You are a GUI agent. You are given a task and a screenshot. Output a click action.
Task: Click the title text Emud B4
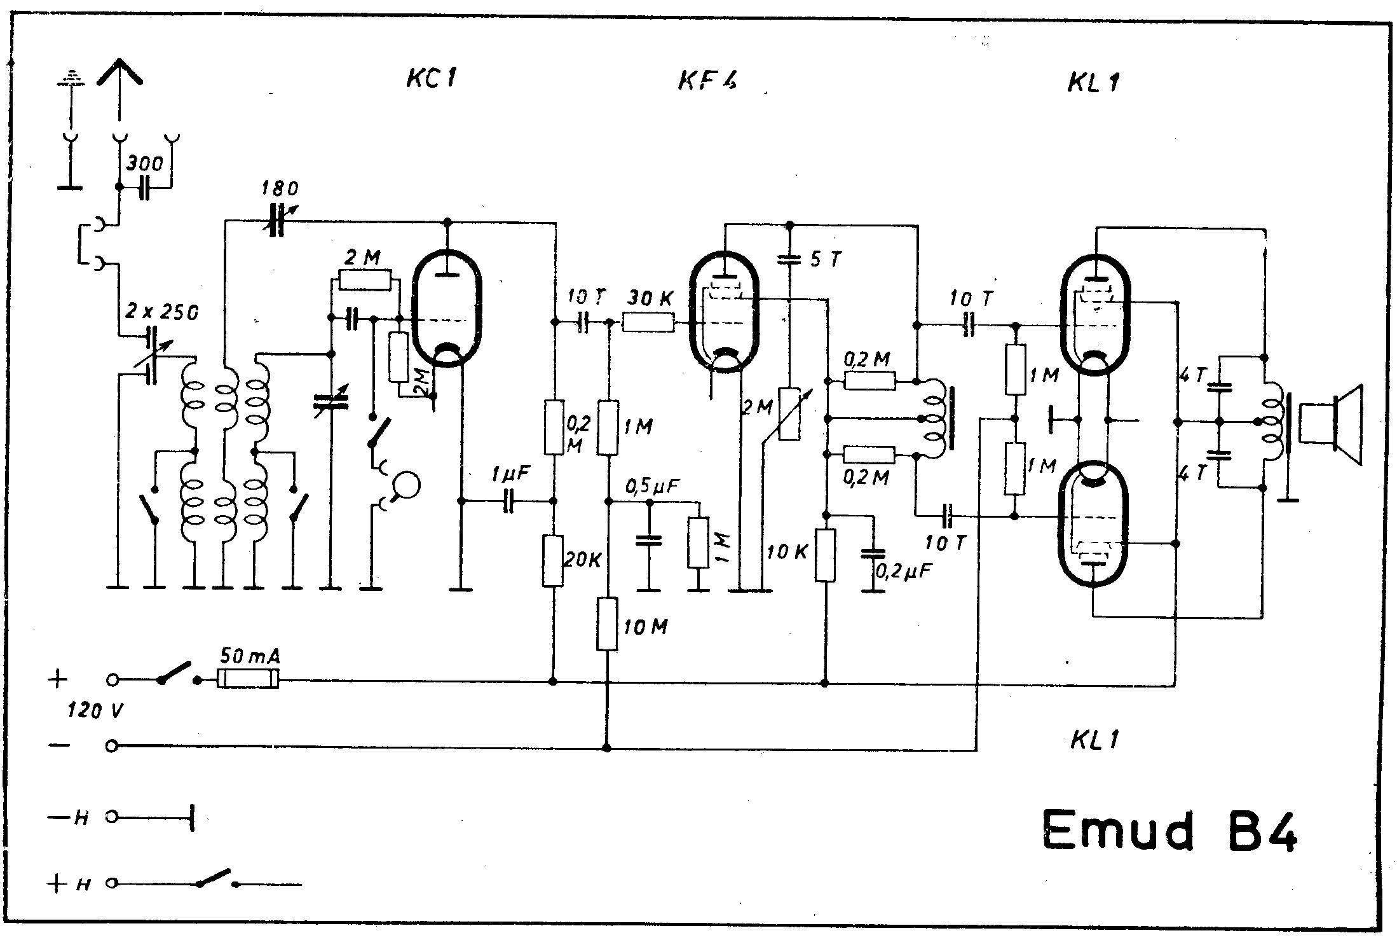click(x=1169, y=830)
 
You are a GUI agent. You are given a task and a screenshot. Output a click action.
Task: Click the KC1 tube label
click(x=432, y=79)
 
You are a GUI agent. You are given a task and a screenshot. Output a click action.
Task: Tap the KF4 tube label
click(x=707, y=80)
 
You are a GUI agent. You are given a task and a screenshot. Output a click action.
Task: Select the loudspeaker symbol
click(x=1330, y=425)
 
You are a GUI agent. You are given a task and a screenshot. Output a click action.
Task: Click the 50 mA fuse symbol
click(x=248, y=679)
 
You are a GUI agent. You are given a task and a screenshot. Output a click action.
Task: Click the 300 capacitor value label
click(x=144, y=164)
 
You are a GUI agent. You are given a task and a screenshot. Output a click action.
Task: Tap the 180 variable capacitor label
click(x=280, y=189)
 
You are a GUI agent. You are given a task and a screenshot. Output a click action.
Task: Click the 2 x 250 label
click(x=162, y=312)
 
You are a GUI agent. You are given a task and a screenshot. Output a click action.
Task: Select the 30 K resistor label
click(x=650, y=298)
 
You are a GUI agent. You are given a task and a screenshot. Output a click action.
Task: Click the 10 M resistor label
click(x=646, y=627)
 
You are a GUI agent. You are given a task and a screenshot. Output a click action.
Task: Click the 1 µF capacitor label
click(x=510, y=474)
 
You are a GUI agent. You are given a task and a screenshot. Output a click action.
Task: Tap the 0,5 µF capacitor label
click(x=653, y=487)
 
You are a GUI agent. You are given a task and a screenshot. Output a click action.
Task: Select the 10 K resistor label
click(x=787, y=552)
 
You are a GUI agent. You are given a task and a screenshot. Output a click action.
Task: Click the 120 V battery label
click(x=95, y=710)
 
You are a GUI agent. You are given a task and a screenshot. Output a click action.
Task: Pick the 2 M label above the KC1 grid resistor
click(x=362, y=258)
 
